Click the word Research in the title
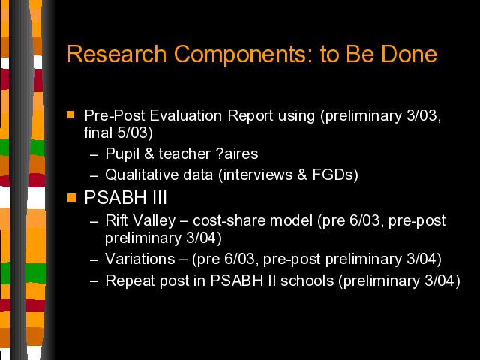(x=117, y=54)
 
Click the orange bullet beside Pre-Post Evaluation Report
(x=70, y=115)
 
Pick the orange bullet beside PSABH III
(x=72, y=198)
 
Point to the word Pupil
(x=122, y=154)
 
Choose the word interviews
(x=258, y=175)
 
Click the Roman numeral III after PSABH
(x=159, y=197)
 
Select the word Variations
(x=140, y=259)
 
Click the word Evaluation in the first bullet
(x=186, y=115)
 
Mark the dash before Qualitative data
(x=94, y=176)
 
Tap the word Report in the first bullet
(x=250, y=115)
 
